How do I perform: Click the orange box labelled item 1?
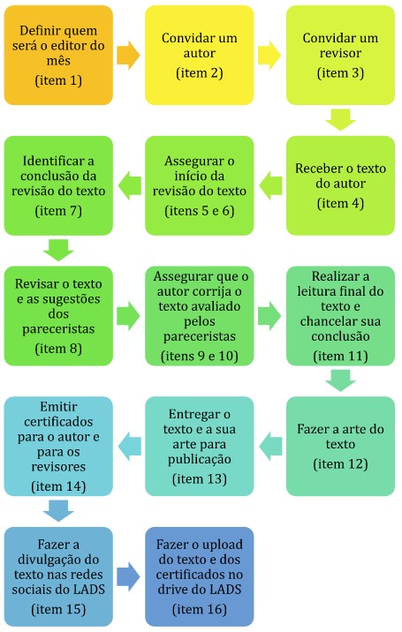58,56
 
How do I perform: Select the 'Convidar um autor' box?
200,56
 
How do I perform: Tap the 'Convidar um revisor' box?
340,56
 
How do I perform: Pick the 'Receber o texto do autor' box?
340,185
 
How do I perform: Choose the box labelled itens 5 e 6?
200,185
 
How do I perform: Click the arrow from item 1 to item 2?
128,56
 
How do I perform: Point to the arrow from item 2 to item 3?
269,56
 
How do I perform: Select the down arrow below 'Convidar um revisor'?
340,120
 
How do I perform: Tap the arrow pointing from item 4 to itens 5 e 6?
270,185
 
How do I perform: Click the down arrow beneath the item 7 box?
58,250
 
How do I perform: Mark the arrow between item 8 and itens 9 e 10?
128,316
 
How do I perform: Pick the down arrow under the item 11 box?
340,380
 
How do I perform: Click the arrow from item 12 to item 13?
270,446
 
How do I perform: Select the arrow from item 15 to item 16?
128,576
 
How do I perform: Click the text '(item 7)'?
58,211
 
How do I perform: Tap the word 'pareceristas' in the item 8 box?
58,329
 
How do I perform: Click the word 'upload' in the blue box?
222,545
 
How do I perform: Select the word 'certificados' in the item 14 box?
58,422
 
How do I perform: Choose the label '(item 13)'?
200,479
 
